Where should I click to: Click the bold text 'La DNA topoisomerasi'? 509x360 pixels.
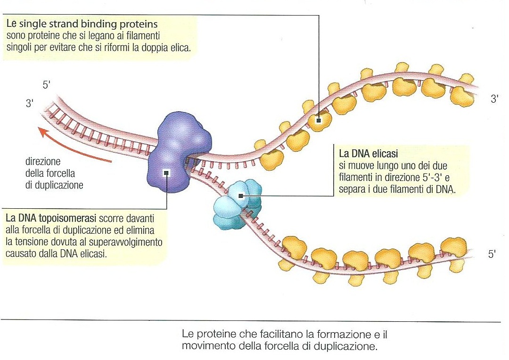pos(51,219)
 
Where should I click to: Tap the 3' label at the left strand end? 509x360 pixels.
pos(30,104)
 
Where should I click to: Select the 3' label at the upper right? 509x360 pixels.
pos(494,99)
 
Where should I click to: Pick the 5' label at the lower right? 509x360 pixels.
pos(492,254)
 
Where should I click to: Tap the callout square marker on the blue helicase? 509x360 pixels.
pos(241,196)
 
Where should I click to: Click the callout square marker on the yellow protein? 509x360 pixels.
pos(319,120)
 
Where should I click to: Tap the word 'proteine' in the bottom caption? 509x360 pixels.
pos(211,335)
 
